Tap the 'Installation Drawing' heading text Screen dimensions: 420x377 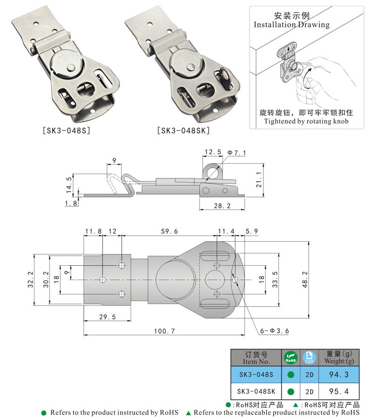tap(292, 24)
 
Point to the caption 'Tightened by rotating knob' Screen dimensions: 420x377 tap(306, 121)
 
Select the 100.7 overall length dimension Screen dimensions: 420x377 tap(164, 331)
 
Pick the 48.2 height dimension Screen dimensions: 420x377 tap(305, 279)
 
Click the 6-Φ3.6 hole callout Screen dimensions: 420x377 tap(274, 331)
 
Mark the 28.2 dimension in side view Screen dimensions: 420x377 tap(220, 206)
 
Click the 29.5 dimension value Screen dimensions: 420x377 tap(107, 317)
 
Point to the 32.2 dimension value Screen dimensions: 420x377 tap(30, 279)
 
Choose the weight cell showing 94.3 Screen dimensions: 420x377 tap(338, 374)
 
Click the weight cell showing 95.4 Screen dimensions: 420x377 tap(338, 391)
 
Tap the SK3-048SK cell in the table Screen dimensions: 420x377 tap(256, 391)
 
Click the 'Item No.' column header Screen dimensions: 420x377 tap(256, 358)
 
